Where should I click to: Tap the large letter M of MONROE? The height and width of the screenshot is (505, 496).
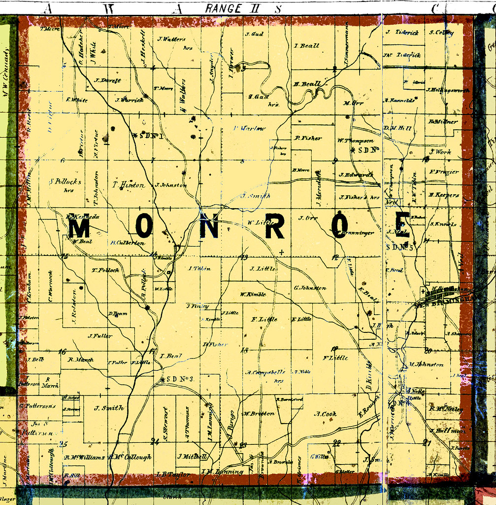coord(78,229)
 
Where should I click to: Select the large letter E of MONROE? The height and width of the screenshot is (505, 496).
coord(402,225)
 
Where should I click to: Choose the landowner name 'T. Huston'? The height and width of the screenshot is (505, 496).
coord(129,185)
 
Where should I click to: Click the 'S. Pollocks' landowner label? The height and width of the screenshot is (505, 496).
coord(66,182)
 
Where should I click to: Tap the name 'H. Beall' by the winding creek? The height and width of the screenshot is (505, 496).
coord(307,84)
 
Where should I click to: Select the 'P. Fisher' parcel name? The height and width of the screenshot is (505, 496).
coord(308,138)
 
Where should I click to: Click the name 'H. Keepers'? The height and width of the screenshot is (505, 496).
coord(443,195)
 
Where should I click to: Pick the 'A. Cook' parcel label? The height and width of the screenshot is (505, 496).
coord(325,414)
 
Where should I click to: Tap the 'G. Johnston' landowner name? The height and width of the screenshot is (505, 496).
coord(310,288)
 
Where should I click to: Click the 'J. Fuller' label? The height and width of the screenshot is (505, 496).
coord(100,336)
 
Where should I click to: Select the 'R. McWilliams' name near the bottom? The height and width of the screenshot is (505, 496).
coord(84,457)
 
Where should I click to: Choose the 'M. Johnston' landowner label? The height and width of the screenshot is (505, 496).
coord(426,365)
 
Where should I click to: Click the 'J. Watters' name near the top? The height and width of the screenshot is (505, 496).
coord(172,39)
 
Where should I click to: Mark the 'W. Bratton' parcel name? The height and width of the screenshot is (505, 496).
coord(259,414)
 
